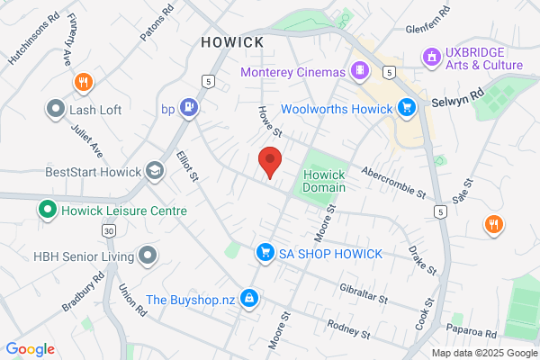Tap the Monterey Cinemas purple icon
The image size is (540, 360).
click(x=360, y=70)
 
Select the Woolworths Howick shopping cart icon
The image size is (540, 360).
click(x=408, y=108)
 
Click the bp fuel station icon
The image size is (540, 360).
click(x=188, y=109)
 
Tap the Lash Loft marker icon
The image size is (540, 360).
click(x=56, y=111)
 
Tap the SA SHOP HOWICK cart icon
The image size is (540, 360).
click(x=265, y=253)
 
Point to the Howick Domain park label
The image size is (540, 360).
click(x=324, y=180)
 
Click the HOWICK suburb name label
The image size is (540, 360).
click(x=232, y=42)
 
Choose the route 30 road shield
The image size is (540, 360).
click(x=109, y=231)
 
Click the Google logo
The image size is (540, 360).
click(x=30, y=349)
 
